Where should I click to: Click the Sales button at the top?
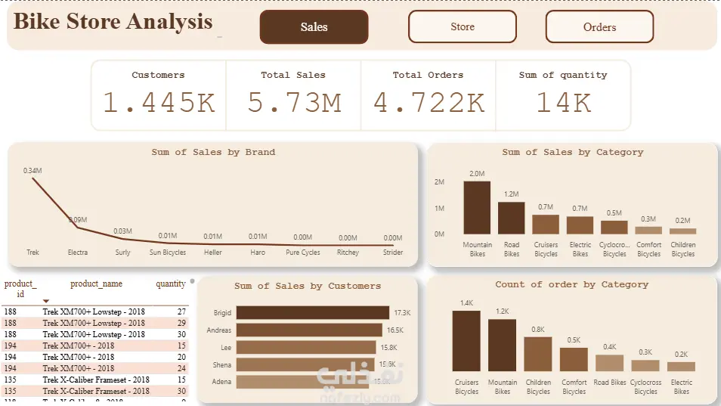314,27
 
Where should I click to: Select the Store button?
463,27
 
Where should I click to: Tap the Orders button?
599,27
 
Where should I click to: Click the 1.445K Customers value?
159,102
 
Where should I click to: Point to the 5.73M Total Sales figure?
294,102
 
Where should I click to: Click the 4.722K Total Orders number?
429,102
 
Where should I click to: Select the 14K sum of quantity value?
563,102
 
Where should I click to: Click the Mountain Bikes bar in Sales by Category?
477,208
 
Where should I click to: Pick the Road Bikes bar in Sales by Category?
512,218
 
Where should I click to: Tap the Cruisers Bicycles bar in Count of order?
466,341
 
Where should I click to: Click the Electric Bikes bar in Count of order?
681,366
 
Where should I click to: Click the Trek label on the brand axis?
32,253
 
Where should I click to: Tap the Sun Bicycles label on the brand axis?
167,253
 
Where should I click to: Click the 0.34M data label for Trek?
32,171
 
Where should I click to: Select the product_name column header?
96,284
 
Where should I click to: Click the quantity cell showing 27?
181,311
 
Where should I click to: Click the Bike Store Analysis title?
113,22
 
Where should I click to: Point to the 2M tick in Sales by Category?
439,182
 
